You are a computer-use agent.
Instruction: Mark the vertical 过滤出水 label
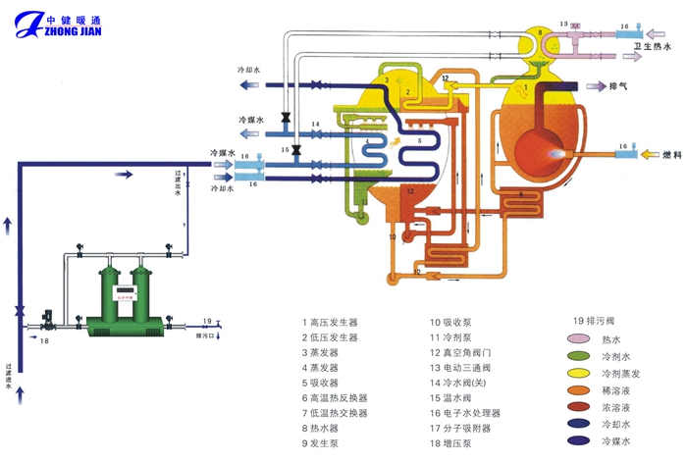(x=178, y=181)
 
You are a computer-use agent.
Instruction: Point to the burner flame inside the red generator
(x=559, y=154)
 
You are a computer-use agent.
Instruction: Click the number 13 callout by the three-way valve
(x=564, y=22)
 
